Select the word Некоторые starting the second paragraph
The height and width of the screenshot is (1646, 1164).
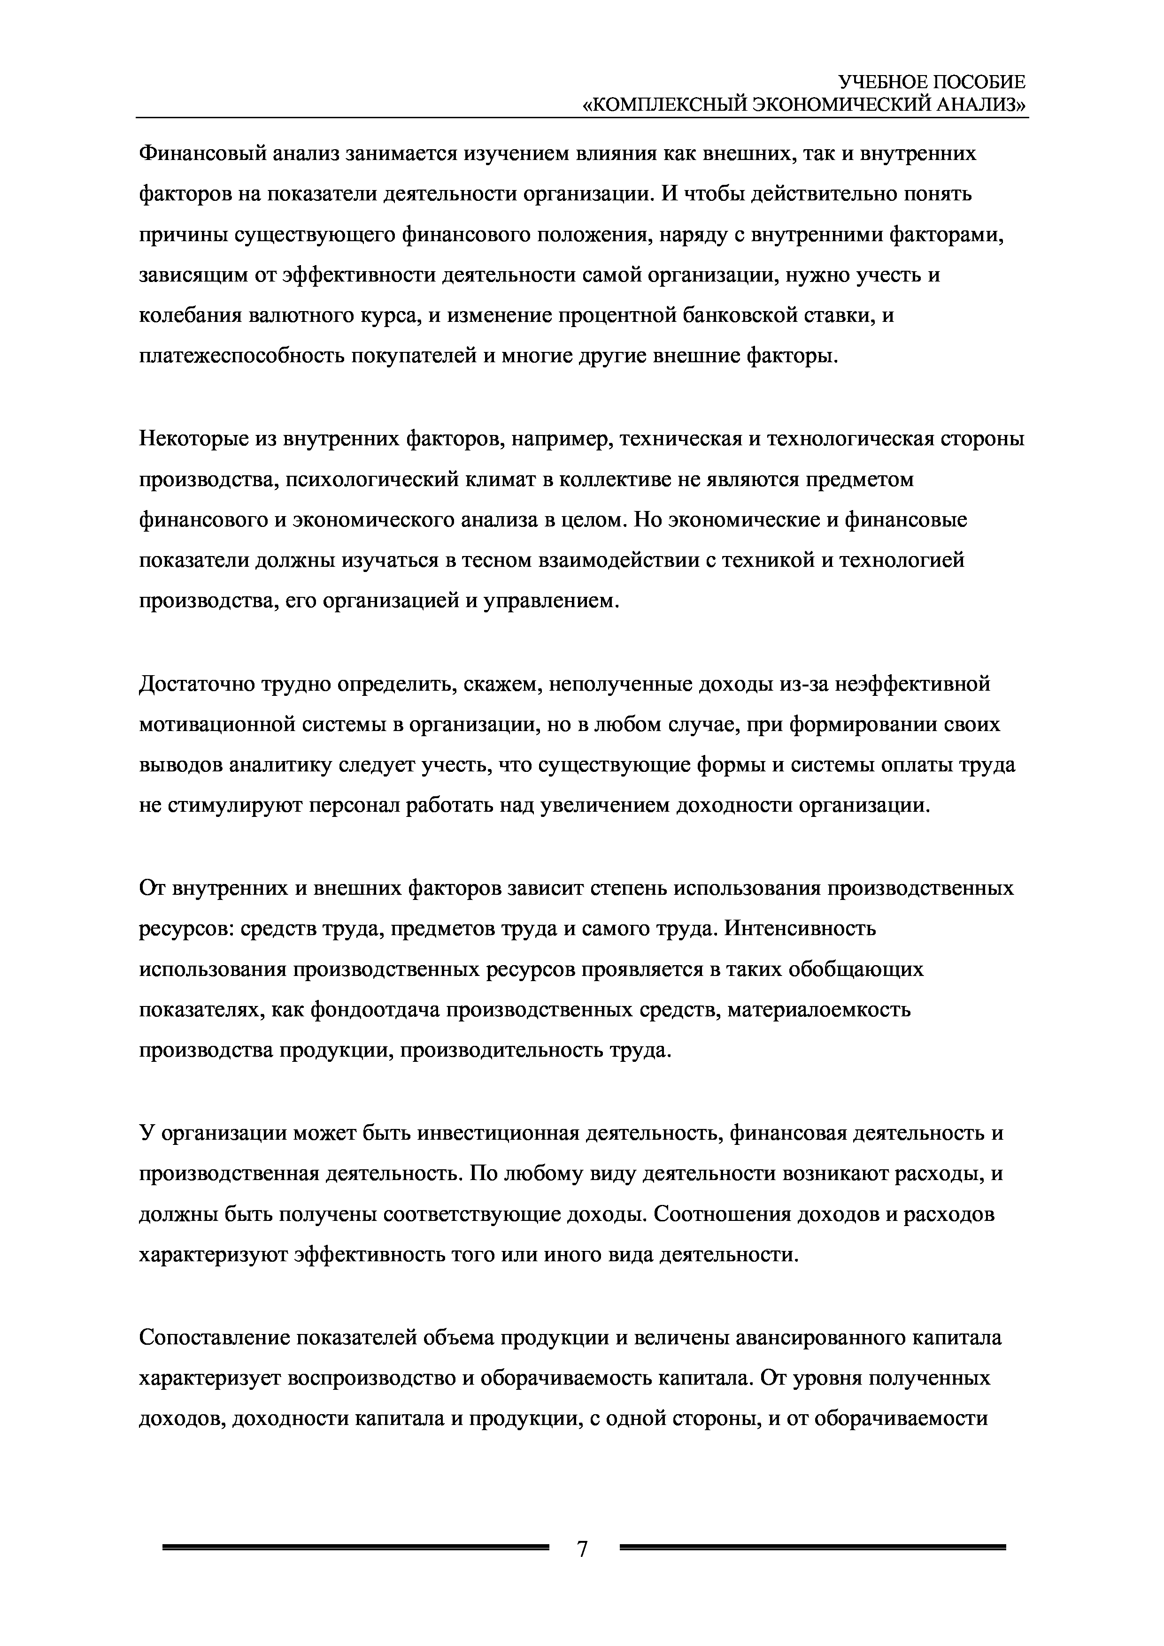coord(190,439)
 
